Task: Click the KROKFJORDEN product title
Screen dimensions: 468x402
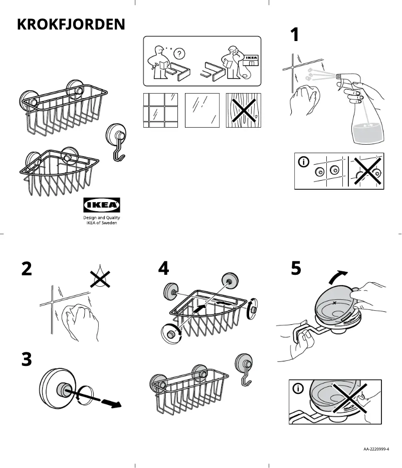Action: [x=71, y=25]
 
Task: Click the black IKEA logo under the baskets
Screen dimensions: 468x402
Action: [x=101, y=205]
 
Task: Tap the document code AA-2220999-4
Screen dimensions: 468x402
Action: [x=376, y=449]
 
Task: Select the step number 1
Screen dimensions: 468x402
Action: [x=295, y=36]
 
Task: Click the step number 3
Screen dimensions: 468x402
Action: [x=27, y=359]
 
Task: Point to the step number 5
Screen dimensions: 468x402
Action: [x=296, y=268]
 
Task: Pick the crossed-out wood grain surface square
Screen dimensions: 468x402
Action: [x=243, y=110]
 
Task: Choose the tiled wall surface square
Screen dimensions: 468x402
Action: [x=160, y=110]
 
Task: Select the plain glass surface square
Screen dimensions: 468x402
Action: [x=202, y=110]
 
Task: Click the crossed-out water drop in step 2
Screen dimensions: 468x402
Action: [x=100, y=276]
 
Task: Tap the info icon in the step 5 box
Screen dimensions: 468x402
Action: [x=298, y=388]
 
